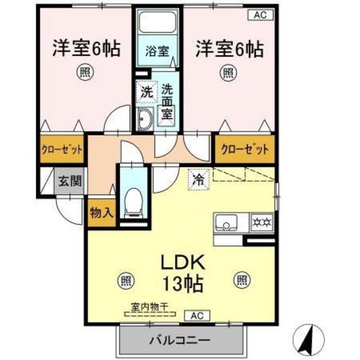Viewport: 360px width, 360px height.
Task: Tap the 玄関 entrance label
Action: (x=71, y=181)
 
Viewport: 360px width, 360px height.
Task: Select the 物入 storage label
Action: (x=101, y=212)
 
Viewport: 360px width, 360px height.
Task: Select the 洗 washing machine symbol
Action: (x=147, y=92)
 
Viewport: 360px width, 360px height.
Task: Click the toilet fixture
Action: (x=134, y=201)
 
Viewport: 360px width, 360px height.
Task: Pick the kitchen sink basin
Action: (x=228, y=223)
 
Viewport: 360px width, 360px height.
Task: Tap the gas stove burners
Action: (x=262, y=222)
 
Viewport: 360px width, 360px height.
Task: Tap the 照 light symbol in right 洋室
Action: (x=228, y=72)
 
